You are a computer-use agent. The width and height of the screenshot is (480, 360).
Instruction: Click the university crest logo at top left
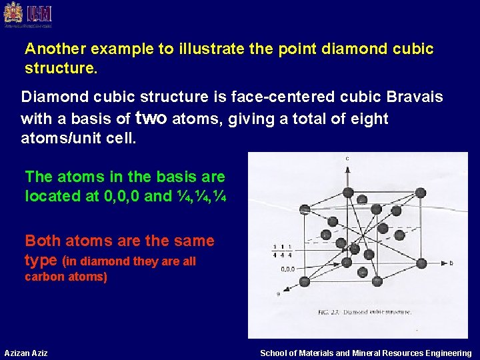tap(13, 14)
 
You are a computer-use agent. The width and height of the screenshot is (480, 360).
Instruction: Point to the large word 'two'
tap(153, 118)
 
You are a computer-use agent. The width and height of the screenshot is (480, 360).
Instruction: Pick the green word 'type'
tap(41, 259)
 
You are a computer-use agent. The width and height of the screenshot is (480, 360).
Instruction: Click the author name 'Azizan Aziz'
tap(26, 353)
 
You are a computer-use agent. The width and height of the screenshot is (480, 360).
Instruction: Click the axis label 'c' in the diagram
tap(347, 159)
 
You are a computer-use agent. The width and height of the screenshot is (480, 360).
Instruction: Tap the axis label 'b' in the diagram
tap(451, 263)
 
